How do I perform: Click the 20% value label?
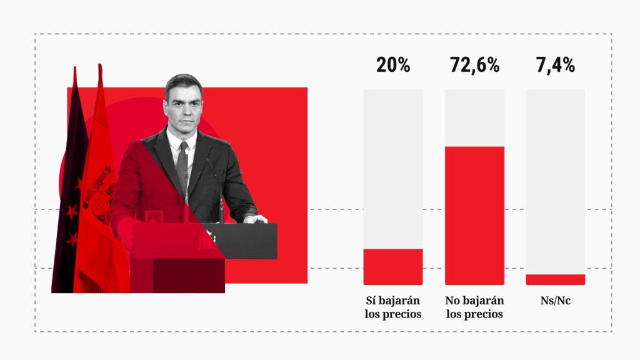pyautogui.click(x=393, y=64)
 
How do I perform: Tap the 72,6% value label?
pyautogui.click(x=474, y=64)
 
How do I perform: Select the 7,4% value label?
pyautogui.click(x=555, y=64)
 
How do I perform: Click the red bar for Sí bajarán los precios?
pyautogui.click(x=393, y=266)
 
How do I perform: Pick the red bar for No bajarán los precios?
pyautogui.click(x=474, y=215)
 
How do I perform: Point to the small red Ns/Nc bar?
pyautogui.click(x=555, y=279)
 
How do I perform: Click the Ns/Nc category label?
pyautogui.click(x=555, y=301)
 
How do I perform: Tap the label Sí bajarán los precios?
pyautogui.click(x=393, y=307)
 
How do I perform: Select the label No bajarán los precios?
pyautogui.click(x=474, y=307)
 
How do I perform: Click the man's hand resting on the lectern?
pyautogui.click(x=254, y=219)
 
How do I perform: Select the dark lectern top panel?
pyautogui.click(x=247, y=241)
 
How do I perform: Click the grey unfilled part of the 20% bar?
pyautogui.click(x=393, y=169)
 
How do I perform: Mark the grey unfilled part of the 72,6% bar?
pyautogui.click(x=474, y=117)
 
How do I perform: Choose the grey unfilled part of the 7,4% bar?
pyautogui.click(x=555, y=181)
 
